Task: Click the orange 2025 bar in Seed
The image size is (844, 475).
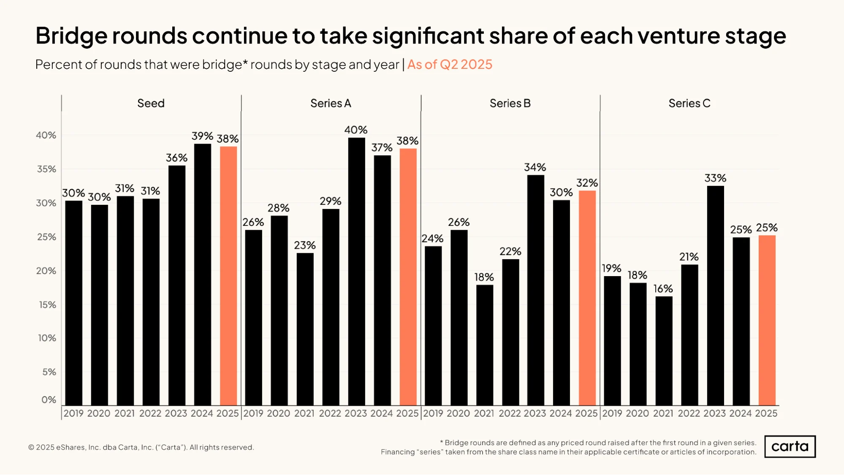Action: tap(228, 276)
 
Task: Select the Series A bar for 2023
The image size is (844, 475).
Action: tap(356, 271)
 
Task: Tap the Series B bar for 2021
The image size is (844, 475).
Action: tap(485, 345)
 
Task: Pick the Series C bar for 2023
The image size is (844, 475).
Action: tap(715, 296)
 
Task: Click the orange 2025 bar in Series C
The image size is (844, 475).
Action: tap(767, 320)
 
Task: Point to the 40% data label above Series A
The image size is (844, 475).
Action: tap(356, 130)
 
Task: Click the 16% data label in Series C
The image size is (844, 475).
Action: tap(663, 289)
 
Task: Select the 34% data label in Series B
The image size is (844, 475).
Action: tap(535, 167)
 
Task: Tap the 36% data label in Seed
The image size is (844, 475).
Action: tap(176, 158)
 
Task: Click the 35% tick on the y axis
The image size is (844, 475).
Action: tap(46, 169)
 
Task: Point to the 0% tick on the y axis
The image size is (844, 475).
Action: tap(49, 399)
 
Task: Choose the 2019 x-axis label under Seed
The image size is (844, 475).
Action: tap(73, 413)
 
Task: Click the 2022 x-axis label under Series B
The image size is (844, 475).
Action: tap(510, 413)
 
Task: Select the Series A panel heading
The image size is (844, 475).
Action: tap(331, 103)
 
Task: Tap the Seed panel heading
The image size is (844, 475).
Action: tap(151, 103)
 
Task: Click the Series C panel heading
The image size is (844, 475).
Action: tap(689, 103)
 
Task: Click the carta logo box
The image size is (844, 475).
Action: tap(790, 447)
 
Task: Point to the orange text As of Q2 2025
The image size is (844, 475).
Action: tap(450, 65)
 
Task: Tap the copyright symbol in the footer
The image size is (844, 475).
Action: tap(31, 448)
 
